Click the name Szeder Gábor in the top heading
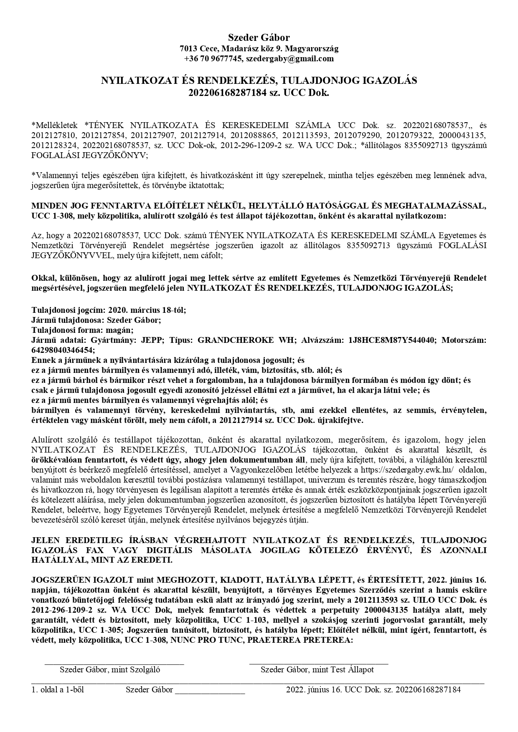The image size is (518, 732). click(x=259, y=38)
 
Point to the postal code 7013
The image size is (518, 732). click(x=188, y=48)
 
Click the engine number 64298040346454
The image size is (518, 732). click(x=63, y=350)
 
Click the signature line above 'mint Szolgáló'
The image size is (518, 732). click(x=114, y=662)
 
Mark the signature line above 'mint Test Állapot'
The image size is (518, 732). click(x=318, y=662)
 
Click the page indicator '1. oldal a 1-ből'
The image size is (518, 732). click(x=58, y=689)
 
